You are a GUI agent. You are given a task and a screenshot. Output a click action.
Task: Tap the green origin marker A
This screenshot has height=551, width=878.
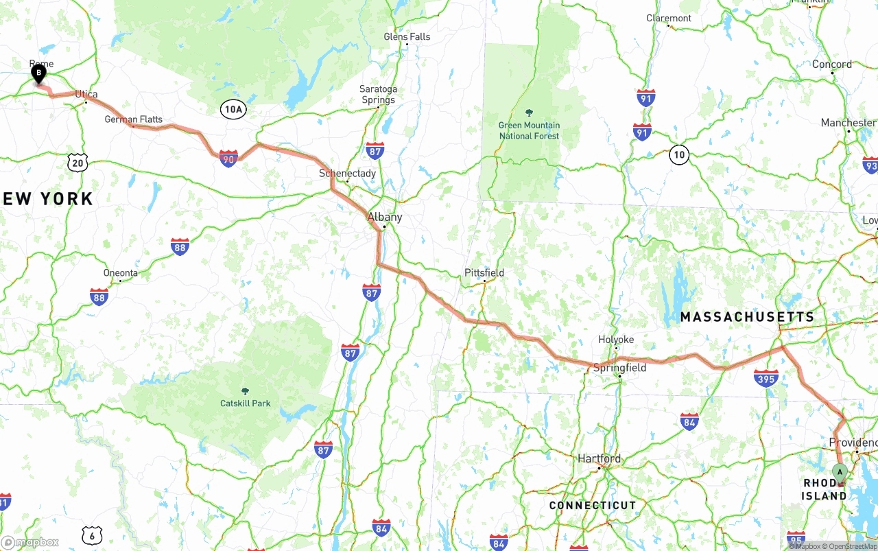pyautogui.click(x=840, y=473)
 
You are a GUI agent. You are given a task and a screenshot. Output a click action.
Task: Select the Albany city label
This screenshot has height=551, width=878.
pyautogui.click(x=385, y=217)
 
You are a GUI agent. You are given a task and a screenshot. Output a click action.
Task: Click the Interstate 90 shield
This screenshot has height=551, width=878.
pyautogui.click(x=228, y=159)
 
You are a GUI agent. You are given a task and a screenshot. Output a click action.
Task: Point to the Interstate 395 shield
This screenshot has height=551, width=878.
pyautogui.click(x=766, y=378)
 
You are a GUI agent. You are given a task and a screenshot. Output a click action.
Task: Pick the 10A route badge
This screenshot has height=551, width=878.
pyautogui.click(x=233, y=109)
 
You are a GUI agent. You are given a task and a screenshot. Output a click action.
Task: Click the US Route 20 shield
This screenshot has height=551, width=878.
pyautogui.click(x=78, y=163)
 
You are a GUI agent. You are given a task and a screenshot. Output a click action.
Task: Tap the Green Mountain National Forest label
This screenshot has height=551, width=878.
pyautogui.click(x=529, y=130)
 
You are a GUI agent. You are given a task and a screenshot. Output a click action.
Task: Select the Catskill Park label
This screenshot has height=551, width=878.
pyautogui.click(x=245, y=403)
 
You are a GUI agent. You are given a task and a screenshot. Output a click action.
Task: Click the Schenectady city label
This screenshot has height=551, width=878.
pyautogui.click(x=347, y=174)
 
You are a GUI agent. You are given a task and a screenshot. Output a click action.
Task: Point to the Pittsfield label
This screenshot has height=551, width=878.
pyautogui.click(x=484, y=272)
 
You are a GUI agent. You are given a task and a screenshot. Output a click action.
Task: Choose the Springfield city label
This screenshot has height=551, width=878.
pyautogui.click(x=619, y=368)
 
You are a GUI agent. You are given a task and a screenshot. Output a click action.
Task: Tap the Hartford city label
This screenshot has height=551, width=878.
pyautogui.click(x=599, y=458)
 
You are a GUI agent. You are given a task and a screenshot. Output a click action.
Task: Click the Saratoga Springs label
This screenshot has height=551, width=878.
pyautogui.click(x=378, y=95)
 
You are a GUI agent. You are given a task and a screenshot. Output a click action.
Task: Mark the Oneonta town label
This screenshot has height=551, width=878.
pyautogui.click(x=121, y=272)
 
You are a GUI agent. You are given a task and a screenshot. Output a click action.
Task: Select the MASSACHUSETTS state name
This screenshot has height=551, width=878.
pyautogui.click(x=747, y=317)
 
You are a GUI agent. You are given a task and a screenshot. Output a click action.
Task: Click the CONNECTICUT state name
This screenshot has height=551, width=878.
pyautogui.click(x=593, y=506)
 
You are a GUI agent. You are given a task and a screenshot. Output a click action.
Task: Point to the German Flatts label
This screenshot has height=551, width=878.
pyautogui.click(x=134, y=119)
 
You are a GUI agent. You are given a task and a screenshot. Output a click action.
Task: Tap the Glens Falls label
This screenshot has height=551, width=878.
pyautogui.click(x=407, y=36)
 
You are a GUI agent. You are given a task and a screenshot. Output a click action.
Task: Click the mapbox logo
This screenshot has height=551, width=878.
pyautogui.click(x=30, y=542)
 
